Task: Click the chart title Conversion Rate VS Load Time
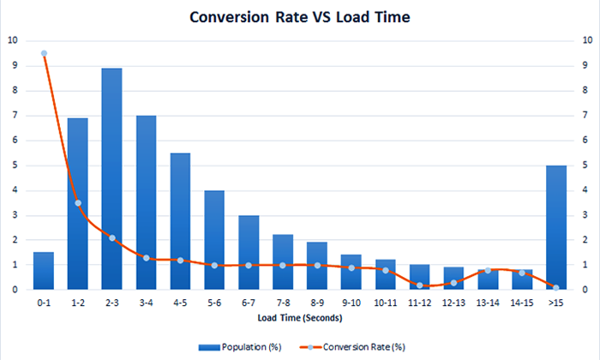click(300, 16)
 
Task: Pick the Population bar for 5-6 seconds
click(214, 240)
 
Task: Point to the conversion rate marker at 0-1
click(44, 53)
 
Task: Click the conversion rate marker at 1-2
click(78, 203)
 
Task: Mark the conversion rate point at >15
click(556, 288)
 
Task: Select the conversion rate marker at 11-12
click(420, 285)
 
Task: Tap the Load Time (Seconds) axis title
click(300, 319)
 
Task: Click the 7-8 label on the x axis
click(283, 303)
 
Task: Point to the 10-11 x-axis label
click(386, 303)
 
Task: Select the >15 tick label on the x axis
click(556, 303)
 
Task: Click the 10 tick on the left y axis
click(11, 40)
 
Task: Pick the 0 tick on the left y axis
click(13, 290)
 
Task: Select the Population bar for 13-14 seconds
click(488, 279)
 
